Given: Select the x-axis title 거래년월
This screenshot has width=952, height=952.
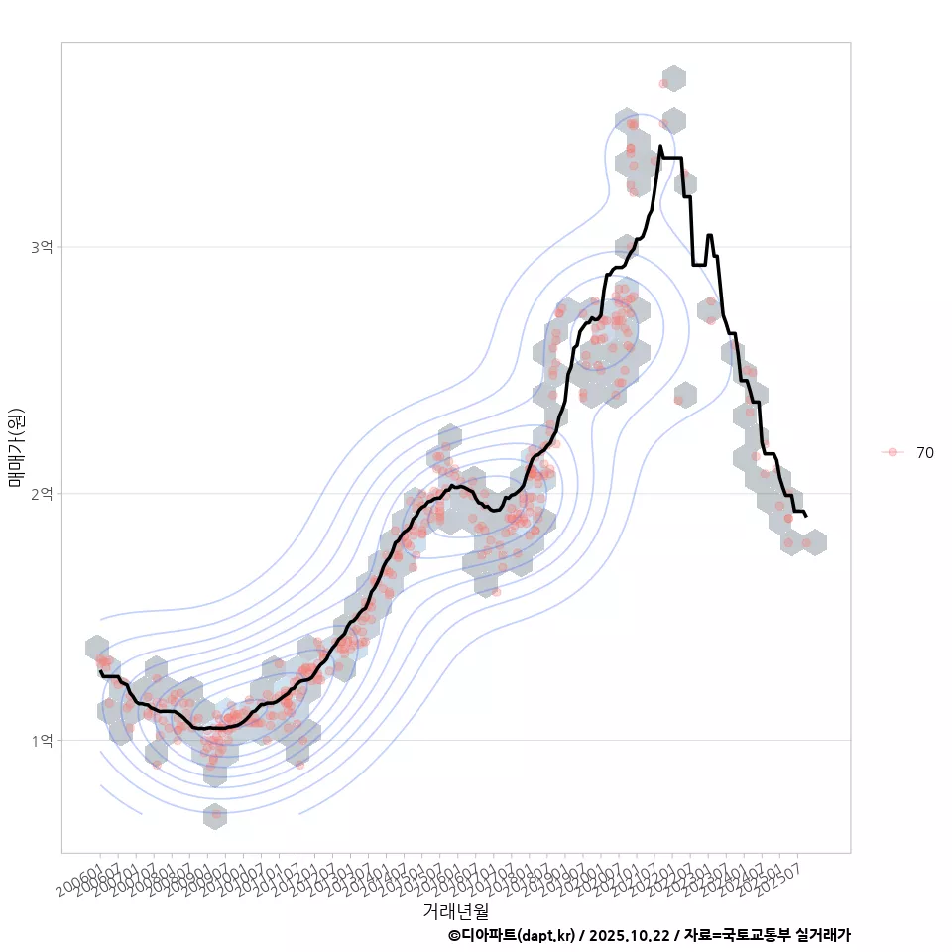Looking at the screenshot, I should pos(455,910).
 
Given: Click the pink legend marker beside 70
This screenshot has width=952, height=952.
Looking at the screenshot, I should pos(892,452).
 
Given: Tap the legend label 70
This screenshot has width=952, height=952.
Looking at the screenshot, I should pos(924,452).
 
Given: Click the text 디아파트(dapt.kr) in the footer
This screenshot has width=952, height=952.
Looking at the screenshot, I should pos(516,935).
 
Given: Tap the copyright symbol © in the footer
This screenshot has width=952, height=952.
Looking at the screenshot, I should pos(454,935).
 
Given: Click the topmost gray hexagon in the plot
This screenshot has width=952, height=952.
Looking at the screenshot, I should pos(674,79).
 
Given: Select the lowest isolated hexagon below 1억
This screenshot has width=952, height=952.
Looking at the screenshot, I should pos(215,816).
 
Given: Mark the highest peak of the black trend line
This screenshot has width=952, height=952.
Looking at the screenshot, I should pos(660,147).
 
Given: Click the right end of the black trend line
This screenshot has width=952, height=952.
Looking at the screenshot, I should pos(806,516).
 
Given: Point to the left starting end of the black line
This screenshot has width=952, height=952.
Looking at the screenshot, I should pos(99,671).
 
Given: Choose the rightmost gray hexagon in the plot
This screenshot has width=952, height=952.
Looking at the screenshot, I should pos(814,542).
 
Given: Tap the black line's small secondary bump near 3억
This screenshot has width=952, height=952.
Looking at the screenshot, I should pos(709,236).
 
